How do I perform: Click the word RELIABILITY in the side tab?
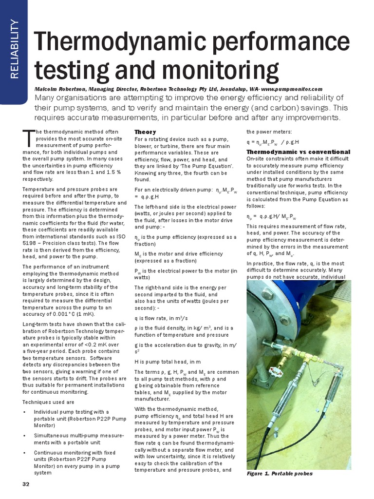(x=14, y=49)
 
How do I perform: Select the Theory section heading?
(x=145, y=132)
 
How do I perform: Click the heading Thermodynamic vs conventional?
(x=298, y=152)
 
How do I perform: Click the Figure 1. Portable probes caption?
(x=280, y=474)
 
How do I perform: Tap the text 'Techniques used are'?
(x=48, y=402)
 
